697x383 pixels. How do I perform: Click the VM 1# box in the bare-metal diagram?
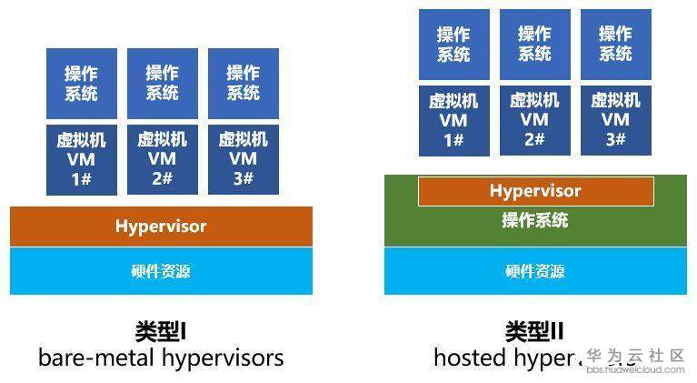tap(82, 159)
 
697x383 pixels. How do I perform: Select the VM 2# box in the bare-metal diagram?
tap(163, 159)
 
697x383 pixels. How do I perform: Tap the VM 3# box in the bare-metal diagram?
tap(244, 159)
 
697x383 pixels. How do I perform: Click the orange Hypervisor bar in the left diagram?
tap(161, 227)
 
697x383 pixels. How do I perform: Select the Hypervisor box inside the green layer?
tap(535, 191)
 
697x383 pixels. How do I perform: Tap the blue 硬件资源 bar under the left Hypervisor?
tap(161, 271)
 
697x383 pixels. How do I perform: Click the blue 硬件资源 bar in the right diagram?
tap(535, 271)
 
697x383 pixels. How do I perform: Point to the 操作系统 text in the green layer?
tap(535, 220)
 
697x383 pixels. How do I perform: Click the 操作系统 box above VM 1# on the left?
tap(82, 84)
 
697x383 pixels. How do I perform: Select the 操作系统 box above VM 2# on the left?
tap(163, 84)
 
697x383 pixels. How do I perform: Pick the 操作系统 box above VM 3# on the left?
tap(244, 84)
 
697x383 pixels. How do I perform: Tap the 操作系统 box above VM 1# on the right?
tap(453, 45)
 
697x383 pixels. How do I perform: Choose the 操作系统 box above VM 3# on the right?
tap(615, 45)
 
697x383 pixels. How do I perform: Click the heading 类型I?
tap(160, 330)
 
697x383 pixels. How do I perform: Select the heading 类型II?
tap(534, 330)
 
